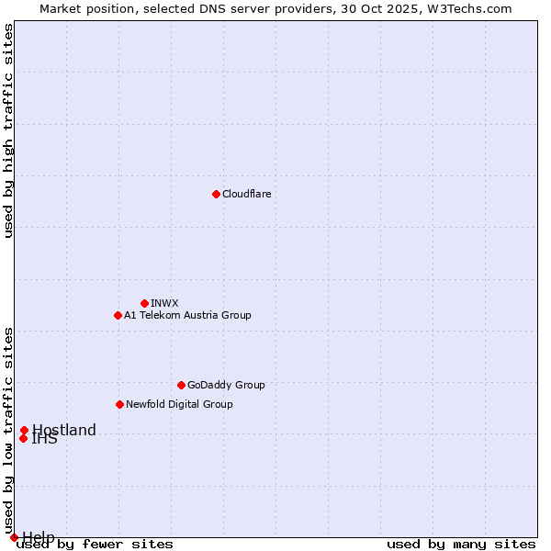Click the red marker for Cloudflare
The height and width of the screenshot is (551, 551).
click(216, 194)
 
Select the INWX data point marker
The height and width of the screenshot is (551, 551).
click(144, 303)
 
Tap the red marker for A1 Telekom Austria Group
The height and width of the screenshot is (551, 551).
click(118, 315)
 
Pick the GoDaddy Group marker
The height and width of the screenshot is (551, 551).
click(181, 385)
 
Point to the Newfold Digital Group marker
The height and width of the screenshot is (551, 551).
click(119, 404)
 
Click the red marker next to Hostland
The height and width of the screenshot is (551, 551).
click(24, 430)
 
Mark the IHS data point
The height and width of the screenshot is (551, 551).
click(23, 438)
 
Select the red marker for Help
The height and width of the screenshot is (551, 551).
click(14, 537)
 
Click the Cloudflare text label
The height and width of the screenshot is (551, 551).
click(246, 194)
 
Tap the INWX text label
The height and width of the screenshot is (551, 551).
click(164, 303)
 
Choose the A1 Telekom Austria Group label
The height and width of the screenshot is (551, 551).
click(187, 315)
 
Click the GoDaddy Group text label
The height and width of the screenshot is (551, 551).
click(226, 385)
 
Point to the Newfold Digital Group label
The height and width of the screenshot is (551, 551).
click(179, 404)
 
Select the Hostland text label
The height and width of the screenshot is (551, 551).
click(63, 430)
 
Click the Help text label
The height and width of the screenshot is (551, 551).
click(39, 537)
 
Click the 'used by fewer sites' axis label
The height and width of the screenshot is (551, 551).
click(95, 544)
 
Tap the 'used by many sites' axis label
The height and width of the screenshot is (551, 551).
click(461, 544)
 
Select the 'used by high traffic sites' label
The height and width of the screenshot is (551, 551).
click(8, 130)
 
